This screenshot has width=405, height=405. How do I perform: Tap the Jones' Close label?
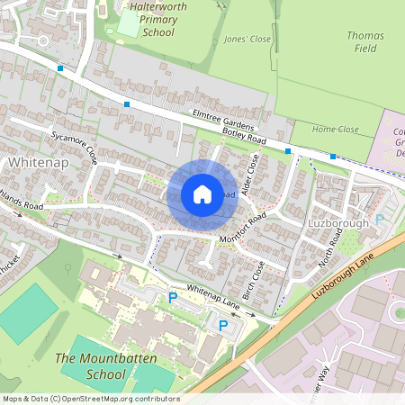[247, 40]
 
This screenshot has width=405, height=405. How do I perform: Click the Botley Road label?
[244, 138]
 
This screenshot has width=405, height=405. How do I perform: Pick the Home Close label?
[335, 130]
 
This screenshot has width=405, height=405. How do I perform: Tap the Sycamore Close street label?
[75, 145]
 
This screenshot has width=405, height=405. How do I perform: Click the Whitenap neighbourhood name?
[38, 162]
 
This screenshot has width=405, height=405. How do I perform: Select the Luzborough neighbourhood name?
[338, 222]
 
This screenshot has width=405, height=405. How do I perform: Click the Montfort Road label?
[244, 229]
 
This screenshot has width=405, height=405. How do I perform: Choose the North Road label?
[330, 247]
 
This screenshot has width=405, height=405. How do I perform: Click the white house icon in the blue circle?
[202, 194]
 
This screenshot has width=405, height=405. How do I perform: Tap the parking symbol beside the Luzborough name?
[380, 218]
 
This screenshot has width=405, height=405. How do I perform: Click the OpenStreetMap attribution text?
[90, 399]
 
